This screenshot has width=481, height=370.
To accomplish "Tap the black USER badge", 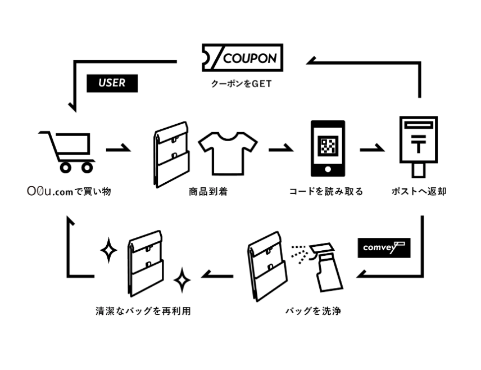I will coord(112,83).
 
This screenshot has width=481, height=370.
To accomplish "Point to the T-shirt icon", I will coord(228,153).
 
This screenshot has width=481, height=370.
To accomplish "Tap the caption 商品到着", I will coord(208,192).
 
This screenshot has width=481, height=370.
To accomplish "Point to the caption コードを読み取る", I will coord(326,192).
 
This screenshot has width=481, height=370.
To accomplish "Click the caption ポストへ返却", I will coord(419,192).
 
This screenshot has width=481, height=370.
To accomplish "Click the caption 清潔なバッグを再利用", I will coord(143,310).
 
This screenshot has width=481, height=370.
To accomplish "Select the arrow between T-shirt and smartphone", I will coord(278,150).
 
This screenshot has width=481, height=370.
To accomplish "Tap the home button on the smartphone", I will coord(328,169).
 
